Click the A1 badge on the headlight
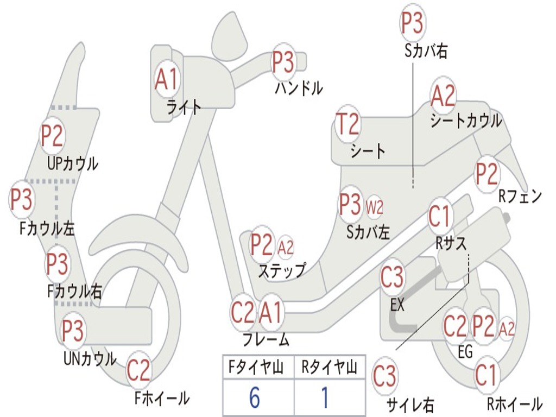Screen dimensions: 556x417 (x=166, y=80)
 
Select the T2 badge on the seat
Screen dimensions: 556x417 (x=347, y=124)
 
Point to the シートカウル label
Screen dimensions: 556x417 (x=466, y=121)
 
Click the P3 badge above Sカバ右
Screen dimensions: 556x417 (x=412, y=23)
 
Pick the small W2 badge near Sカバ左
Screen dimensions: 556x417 (x=375, y=206)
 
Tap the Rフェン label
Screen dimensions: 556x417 (x=520, y=197)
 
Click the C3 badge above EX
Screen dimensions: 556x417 (x=392, y=277)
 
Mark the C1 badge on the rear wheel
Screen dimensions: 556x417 (x=486, y=375)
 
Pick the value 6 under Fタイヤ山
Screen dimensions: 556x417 (x=254, y=399)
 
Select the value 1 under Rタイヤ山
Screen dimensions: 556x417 (x=325, y=399)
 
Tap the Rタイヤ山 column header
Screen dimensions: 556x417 (x=329, y=369)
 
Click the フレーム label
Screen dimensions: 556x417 (x=266, y=340)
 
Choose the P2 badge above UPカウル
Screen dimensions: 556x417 (x=53, y=136)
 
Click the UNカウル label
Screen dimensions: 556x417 (x=90, y=359)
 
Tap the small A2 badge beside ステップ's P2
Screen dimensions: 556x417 (x=286, y=248)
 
